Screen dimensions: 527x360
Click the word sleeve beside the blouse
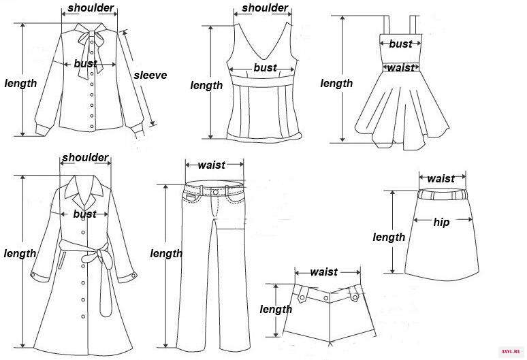(150, 76)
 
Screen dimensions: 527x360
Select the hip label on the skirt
(441, 222)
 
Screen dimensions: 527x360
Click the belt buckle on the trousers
(215, 193)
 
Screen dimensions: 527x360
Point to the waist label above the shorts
(323, 272)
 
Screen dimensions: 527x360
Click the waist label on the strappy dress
(400, 68)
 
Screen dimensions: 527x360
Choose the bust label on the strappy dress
(400, 44)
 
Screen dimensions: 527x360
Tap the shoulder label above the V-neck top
(265, 7)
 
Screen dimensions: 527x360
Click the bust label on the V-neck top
(265, 67)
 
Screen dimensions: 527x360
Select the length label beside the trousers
(166, 254)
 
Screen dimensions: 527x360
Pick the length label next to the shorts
(276, 309)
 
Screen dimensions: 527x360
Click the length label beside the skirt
(389, 238)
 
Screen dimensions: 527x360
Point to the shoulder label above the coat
(85, 157)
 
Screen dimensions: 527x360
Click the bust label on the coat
(84, 214)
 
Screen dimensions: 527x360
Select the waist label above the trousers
(211, 165)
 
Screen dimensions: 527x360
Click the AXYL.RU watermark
(510, 351)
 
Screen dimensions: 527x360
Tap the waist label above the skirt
(441, 178)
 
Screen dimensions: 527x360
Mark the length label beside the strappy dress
(336, 83)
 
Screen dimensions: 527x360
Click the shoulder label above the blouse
(91, 7)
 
